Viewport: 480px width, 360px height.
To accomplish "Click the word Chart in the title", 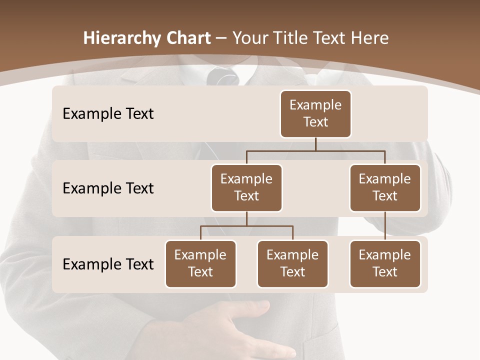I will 189,38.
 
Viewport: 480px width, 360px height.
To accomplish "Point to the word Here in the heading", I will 369,38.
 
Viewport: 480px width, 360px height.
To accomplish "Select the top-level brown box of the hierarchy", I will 315,113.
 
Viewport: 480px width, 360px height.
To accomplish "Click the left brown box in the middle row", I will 246,187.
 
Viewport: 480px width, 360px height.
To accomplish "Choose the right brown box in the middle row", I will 385,187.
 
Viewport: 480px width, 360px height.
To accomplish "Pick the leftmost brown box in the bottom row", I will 200,263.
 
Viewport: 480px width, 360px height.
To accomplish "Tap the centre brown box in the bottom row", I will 292,263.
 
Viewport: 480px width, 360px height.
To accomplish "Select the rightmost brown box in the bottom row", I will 385,263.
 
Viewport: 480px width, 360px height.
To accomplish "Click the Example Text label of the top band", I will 108,114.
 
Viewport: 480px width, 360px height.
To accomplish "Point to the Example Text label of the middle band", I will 108,188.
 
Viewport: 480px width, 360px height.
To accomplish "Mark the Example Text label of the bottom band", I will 108,264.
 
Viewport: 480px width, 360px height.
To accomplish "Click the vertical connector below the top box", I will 315,144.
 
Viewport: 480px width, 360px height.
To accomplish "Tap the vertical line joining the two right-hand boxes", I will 385,226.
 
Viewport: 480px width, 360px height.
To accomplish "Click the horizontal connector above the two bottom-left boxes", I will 246,226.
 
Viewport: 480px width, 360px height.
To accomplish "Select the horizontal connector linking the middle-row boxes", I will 315,150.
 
